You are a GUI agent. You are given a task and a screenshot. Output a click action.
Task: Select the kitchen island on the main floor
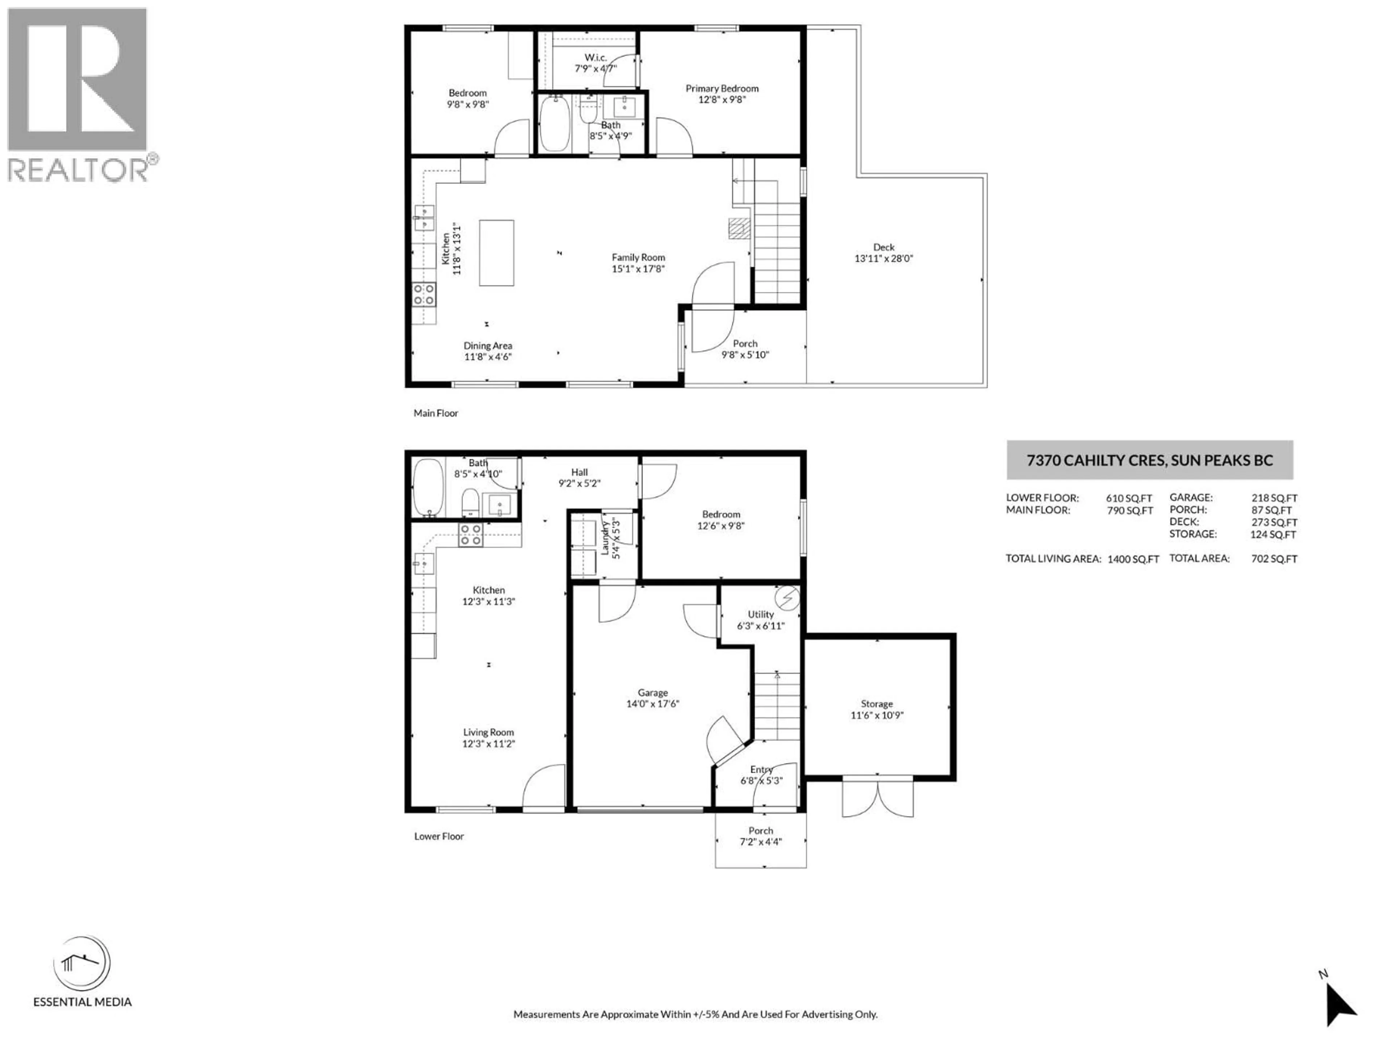496,253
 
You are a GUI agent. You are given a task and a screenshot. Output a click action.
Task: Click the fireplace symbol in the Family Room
739,227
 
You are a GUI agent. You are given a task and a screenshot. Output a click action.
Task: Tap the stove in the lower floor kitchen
471,535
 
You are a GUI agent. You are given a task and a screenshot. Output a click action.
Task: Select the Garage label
652,692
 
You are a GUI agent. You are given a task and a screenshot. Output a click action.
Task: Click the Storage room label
876,704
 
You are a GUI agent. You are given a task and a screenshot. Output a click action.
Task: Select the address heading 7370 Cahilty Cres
1149,460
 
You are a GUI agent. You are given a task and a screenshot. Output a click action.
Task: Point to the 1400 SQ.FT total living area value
1133,559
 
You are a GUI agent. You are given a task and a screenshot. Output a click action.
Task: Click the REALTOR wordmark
79,170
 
